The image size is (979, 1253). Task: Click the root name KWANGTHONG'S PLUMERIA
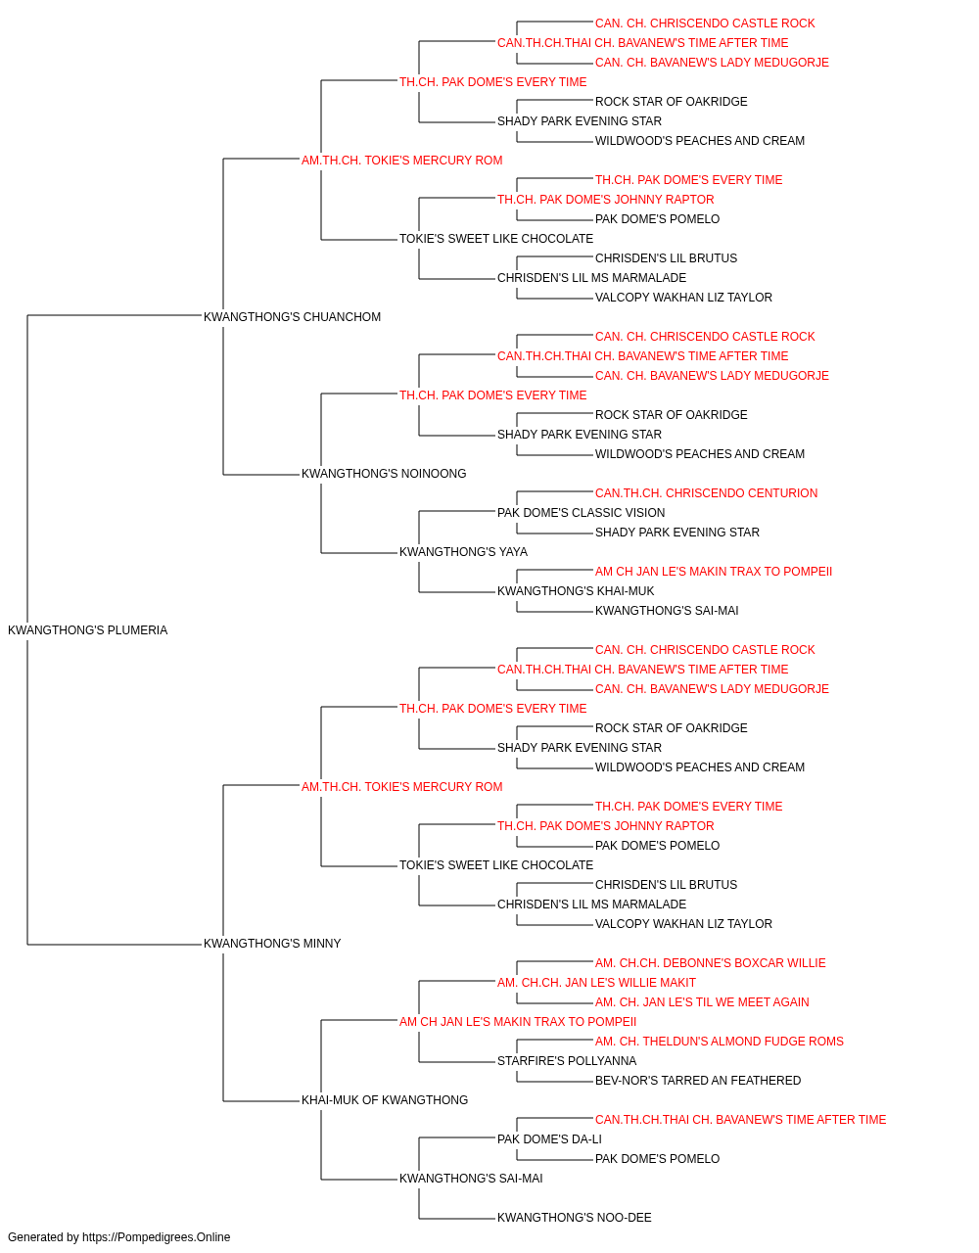coord(88,629)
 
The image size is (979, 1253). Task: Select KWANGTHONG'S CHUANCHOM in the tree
coord(292,316)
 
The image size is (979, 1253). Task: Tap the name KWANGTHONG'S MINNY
coord(272,944)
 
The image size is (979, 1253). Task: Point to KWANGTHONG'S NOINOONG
coord(384,474)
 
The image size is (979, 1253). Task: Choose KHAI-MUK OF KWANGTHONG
coord(385,1099)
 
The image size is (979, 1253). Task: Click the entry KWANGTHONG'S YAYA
coord(463,552)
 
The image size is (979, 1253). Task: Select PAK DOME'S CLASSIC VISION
coord(582,513)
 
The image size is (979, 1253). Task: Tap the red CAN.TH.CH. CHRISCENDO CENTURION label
coord(706,493)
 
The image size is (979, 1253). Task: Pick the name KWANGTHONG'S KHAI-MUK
coord(576,591)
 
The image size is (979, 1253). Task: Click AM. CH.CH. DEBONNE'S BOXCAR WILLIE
coord(711,963)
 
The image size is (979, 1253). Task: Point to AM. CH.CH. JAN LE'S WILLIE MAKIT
coord(597,983)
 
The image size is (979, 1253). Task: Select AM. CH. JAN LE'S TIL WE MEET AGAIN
coord(702,1002)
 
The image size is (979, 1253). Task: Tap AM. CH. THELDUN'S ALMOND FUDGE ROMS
coord(720,1042)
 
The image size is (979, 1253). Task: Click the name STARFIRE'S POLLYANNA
coord(567,1061)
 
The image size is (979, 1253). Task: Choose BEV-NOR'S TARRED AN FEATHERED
coord(698,1081)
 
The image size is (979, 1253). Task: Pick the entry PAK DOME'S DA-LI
coord(549,1138)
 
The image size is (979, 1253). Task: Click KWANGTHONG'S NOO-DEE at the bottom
coord(575,1217)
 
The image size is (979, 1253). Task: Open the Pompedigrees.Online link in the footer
coord(157,1237)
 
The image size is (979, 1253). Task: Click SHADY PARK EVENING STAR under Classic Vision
coord(677,533)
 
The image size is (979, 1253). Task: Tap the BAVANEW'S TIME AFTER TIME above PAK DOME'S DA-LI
coord(741,1119)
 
